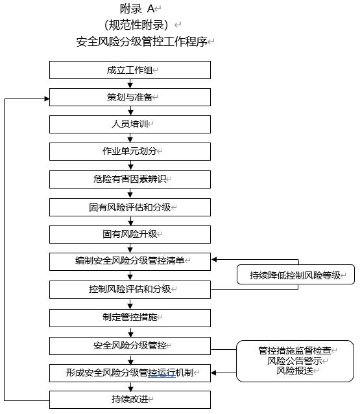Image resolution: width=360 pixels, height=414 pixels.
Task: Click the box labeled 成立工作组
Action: pyautogui.click(x=130, y=70)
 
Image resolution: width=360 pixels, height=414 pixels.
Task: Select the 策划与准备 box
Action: pyautogui.click(x=130, y=97)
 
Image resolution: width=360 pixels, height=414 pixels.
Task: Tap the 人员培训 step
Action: pyautogui.click(x=130, y=124)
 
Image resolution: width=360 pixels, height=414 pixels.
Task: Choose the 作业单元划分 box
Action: pyautogui.click(x=130, y=152)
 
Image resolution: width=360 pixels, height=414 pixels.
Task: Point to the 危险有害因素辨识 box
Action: pyautogui.click(x=130, y=179)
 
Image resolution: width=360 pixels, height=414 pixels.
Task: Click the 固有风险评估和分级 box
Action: pyautogui.click(x=130, y=207)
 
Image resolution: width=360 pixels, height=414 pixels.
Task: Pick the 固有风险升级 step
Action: pyautogui.click(x=130, y=234)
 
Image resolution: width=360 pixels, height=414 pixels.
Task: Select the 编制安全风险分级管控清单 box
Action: pyautogui.click(x=130, y=261)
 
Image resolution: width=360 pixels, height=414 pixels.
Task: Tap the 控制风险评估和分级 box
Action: pyautogui.click(x=130, y=290)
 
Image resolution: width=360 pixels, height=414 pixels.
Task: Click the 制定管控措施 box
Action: pyautogui.click(x=130, y=318)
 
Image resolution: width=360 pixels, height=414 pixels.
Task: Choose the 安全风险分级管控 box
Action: pyautogui.click(x=130, y=345)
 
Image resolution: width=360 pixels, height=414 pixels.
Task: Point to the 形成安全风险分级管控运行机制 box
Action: pyautogui.click(x=130, y=373)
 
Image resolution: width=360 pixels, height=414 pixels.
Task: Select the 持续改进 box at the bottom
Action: pyautogui.click(x=130, y=400)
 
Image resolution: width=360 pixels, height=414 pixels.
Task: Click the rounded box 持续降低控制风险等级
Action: pyautogui.click(x=296, y=274)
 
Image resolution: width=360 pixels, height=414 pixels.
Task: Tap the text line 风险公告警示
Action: pyautogui.click(x=294, y=361)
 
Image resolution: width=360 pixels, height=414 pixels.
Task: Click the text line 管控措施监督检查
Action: pyautogui.click(x=294, y=351)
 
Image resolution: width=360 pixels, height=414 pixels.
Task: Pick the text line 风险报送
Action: pyautogui.click(x=294, y=371)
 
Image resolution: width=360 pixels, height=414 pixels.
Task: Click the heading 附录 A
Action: pyautogui.click(x=137, y=9)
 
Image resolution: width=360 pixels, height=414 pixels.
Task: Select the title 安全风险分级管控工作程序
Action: pyautogui.click(x=141, y=41)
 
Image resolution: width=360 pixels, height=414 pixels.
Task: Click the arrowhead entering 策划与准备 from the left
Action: pyautogui.click(x=47, y=99)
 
